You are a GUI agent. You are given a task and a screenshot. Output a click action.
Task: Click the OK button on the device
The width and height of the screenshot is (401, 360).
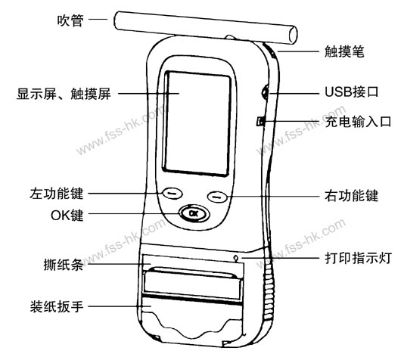click(194, 213)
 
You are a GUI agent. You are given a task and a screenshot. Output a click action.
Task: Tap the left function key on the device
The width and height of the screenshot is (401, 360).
click(173, 193)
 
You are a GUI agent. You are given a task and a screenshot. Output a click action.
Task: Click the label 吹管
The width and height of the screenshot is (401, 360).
click(70, 20)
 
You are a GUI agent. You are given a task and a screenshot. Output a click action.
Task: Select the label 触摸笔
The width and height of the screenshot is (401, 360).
click(344, 51)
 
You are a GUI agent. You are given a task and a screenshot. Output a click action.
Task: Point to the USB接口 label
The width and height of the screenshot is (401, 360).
click(351, 92)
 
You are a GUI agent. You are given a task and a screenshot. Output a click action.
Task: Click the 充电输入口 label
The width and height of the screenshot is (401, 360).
click(358, 122)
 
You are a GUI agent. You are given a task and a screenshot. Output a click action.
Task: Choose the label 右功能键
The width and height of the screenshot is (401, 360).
click(351, 196)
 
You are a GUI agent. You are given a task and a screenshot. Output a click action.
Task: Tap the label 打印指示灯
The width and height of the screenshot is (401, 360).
click(358, 258)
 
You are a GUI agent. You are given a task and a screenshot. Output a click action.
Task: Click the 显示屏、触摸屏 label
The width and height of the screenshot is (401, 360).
click(64, 94)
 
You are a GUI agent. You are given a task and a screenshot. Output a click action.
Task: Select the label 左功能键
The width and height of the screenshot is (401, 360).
click(57, 194)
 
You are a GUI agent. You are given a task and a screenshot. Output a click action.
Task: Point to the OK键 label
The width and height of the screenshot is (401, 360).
click(67, 216)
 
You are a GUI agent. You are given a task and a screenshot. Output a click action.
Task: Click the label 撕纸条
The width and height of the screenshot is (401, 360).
click(63, 265)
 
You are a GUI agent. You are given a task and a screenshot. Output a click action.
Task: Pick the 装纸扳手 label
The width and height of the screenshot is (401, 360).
click(57, 306)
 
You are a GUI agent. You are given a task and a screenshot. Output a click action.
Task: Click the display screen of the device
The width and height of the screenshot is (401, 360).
click(197, 123)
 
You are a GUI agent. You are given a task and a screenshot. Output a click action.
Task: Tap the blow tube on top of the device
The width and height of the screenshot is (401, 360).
click(205, 28)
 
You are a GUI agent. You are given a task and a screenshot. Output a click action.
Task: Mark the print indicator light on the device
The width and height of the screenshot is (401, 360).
click(236, 258)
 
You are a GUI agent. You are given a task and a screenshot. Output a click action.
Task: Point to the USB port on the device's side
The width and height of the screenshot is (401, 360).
click(265, 93)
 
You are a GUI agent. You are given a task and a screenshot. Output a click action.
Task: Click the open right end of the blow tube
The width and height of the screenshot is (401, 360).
click(294, 35)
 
